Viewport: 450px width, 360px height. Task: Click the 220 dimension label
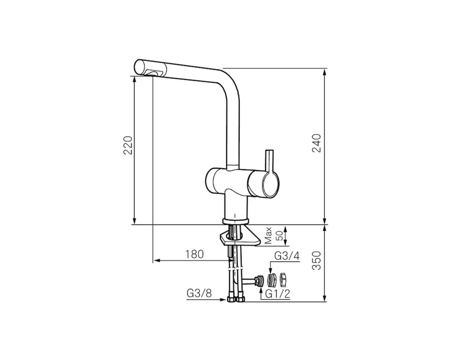[128, 145]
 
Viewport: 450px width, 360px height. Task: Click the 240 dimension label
[316, 143]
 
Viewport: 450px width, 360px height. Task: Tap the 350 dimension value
[316, 260]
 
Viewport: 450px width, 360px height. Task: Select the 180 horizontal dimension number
[194, 254]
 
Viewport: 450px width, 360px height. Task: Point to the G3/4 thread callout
[287, 256]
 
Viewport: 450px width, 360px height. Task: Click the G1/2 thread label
[277, 293]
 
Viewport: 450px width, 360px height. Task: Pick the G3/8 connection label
[199, 293]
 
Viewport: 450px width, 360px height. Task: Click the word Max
[268, 235]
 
